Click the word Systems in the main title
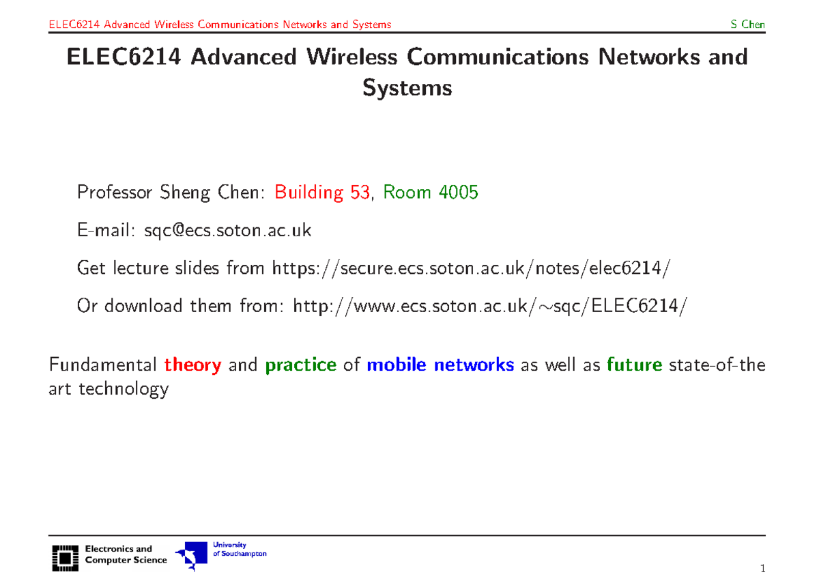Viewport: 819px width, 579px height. pos(407,88)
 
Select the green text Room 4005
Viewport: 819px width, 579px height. pos(430,193)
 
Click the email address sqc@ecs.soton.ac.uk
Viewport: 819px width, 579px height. pos(227,231)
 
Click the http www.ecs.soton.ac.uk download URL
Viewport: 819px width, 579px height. pos(486,306)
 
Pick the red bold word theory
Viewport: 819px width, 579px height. pos(192,365)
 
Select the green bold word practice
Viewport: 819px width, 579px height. pos(300,365)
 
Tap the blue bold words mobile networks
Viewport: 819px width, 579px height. pos(440,365)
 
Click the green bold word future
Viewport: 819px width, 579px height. pos(634,365)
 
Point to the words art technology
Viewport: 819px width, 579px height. pos(109,390)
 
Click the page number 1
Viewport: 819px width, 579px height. pos(762,568)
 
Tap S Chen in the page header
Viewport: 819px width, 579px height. pos(747,25)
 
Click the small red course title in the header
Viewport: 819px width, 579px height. pos(220,25)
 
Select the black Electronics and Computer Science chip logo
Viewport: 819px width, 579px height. pos(64,557)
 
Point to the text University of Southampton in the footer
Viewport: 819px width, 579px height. pos(239,550)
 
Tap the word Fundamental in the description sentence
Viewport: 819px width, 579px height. pos(102,365)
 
